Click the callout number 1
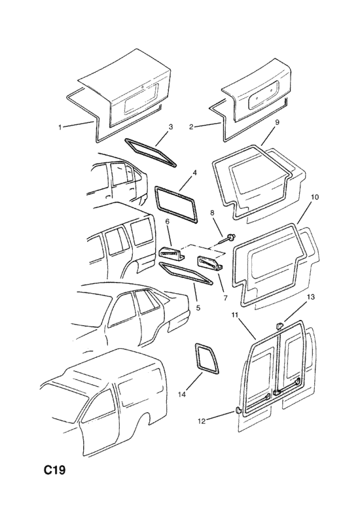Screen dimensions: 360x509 click(60, 128)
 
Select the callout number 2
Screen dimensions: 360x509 click(191, 127)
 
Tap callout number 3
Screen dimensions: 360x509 click(170, 127)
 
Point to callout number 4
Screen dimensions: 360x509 click(194, 172)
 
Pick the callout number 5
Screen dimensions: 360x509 click(198, 307)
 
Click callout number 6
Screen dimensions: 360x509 click(168, 221)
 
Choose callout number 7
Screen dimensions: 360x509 click(225, 297)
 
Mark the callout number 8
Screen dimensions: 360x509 click(213, 213)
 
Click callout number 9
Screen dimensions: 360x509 click(277, 122)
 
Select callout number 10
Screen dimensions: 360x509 click(315, 197)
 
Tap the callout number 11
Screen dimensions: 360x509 click(235, 314)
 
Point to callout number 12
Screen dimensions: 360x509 click(202, 421)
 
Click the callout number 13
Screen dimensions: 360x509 click(310, 296)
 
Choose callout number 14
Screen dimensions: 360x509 click(182, 395)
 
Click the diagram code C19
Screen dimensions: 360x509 click(55, 470)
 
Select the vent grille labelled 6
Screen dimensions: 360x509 click(171, 253)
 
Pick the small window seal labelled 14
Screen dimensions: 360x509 click(207, 357)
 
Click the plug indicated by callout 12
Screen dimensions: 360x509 click(238, 411)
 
